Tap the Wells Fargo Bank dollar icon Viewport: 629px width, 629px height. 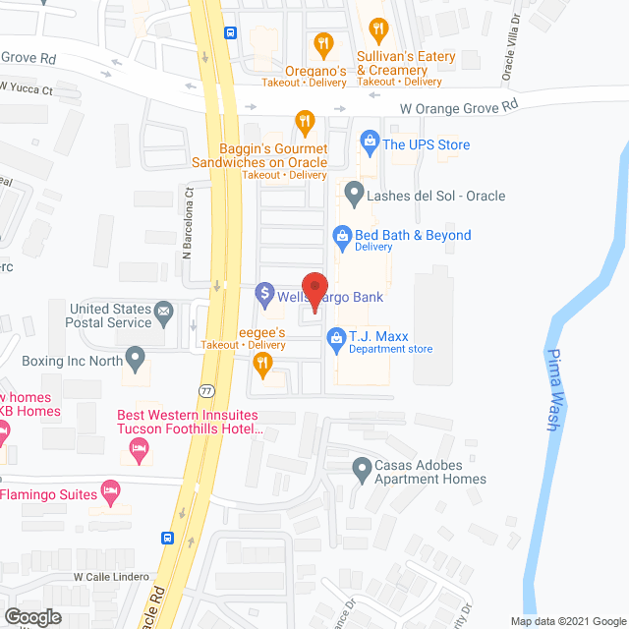(263, 293)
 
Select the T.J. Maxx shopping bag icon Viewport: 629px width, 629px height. (336, 336)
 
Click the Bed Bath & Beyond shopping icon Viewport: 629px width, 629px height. (342, 236)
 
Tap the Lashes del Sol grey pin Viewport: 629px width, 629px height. (353, 195)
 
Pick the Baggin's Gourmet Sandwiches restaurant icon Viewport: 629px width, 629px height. (305, 122)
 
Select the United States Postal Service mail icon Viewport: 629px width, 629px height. (164, 314)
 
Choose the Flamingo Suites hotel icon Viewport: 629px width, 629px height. (110, 489)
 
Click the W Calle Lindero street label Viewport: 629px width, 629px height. (111, 577)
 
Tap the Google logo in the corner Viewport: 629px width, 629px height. (31, 617)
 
